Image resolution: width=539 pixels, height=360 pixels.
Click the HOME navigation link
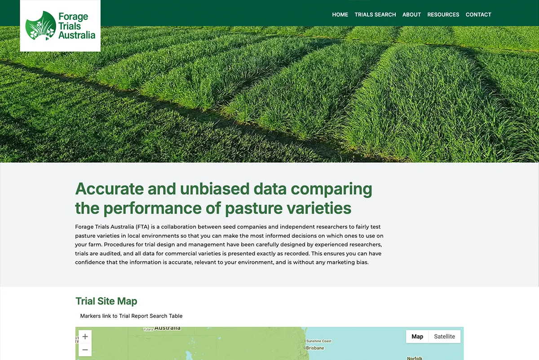coord(340,15)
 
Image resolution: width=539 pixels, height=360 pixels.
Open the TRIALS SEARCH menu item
coord(375,15)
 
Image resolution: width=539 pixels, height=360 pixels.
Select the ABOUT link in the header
coord(411,15)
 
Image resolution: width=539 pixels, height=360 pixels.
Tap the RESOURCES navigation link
coord(443,15)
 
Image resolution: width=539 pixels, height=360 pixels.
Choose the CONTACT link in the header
coord(478,15)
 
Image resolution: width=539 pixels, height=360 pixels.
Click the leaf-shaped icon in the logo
coord(40,26)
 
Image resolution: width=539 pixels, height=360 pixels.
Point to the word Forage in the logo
coord(73,17)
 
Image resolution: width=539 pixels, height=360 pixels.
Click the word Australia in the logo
coord(77,35)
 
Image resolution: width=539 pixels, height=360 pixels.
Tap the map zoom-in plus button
coord(85,336)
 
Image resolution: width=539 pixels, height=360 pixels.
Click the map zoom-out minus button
coord(85,350)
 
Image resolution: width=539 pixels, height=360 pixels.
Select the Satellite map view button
coord(444,336)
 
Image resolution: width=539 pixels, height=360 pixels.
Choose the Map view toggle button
coord(417,336)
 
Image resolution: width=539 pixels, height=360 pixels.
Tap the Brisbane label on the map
coord(315,348)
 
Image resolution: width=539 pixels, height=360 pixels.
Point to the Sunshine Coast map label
coord(319,341)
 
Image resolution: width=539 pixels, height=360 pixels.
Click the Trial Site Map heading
coord(106,301)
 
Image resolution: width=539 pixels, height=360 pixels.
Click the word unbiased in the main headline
coord(215,189)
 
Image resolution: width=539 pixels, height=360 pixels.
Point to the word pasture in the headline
coord(254,208)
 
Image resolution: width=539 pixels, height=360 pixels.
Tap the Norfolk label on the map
coord(415,358)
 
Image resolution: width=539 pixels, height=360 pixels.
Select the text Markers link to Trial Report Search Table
coord(131,316)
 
